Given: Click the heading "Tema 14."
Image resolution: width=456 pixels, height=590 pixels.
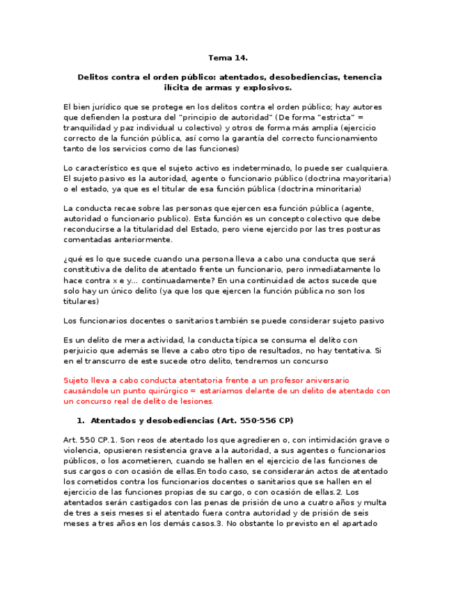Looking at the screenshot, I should tap(228, 58).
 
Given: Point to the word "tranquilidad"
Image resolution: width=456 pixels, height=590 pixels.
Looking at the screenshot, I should tap(90, 128).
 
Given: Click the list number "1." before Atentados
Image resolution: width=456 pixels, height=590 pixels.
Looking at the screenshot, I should tap(79, 421).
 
